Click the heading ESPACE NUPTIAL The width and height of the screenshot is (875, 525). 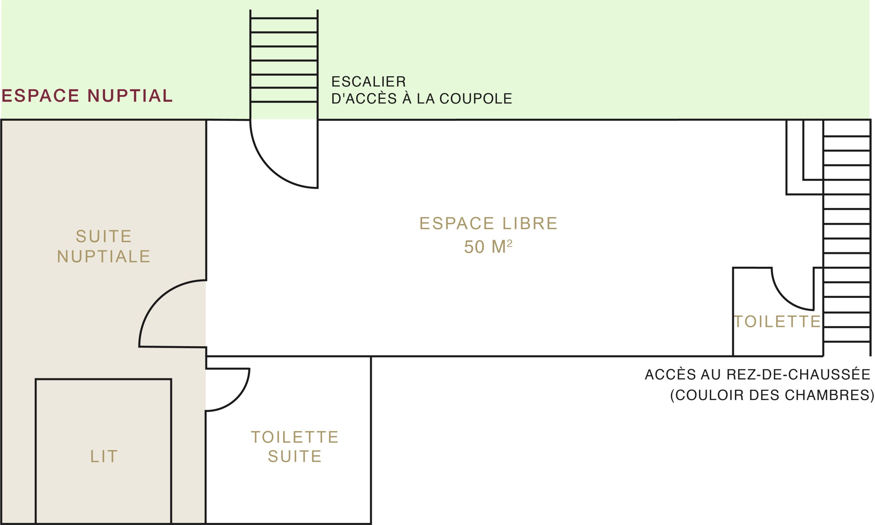coord(87,95)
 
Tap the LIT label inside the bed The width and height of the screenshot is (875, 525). coord(104,456)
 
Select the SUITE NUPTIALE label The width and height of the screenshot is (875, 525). coord(104,246)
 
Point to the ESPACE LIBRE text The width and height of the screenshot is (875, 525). coord(488,224)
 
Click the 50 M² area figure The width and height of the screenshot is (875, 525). coord(488,247)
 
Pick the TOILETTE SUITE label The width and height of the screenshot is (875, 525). coord(295,446)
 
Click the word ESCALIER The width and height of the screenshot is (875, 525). coord(369,82)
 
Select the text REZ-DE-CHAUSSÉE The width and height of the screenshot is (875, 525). coord(798,375)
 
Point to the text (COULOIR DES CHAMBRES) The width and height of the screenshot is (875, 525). coord(772,395)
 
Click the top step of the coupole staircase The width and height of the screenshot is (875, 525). coord(284,18)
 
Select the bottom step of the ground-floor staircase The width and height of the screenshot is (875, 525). coord(847,342)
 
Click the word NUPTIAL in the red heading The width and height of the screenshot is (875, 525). coord(130,95)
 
